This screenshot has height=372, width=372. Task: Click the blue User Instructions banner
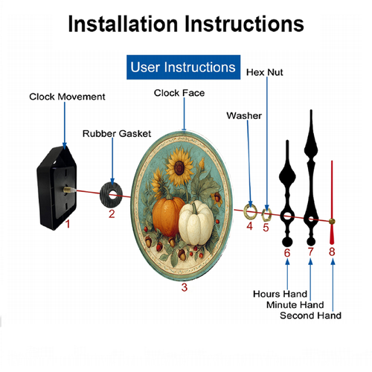[183, 67]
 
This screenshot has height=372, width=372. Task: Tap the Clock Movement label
[67, 97]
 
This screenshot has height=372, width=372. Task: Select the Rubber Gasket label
[117, 133]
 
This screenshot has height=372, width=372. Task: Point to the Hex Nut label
[264, 72]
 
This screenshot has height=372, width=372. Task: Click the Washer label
[244, 115]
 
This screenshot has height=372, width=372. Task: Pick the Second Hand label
[310, 315]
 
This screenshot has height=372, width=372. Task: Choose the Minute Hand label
[295, 304]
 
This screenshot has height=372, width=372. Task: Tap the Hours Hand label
[280, 294]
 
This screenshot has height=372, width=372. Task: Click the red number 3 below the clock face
[185, 287]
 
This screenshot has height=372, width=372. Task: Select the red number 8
[332, 251]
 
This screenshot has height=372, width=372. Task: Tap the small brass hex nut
[266, 215]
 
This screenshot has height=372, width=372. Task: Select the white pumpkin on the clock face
[196, 222]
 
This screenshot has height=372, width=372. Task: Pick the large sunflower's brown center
[179, 167]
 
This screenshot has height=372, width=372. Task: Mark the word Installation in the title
[123, 24]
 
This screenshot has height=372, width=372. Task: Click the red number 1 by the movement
[68, 224]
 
